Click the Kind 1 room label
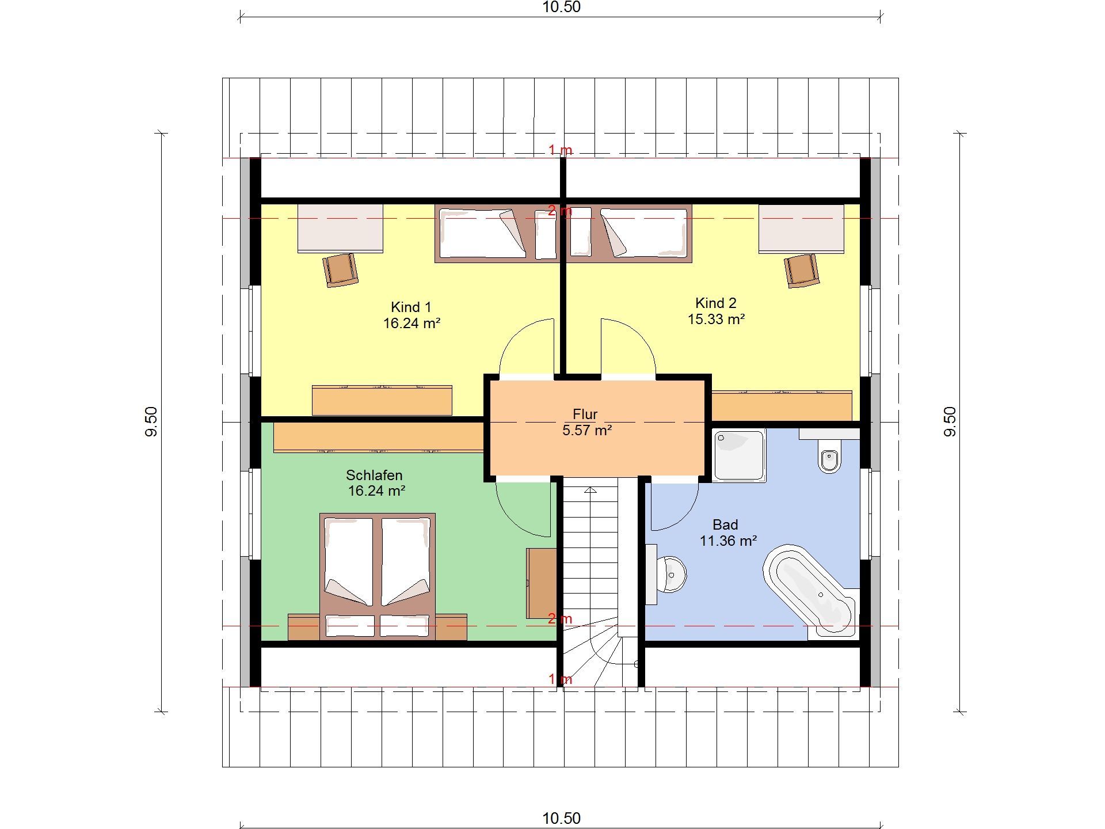411,307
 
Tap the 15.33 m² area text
716,319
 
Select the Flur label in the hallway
585,414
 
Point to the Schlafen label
374,475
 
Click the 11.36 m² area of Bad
728,541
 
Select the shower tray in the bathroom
740,455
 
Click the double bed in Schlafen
378,576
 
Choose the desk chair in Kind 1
341,269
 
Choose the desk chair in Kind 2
802,271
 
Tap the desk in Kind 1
340,229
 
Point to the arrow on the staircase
590,491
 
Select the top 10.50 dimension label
562,7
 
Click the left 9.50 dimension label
151,422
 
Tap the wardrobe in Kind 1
382,400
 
